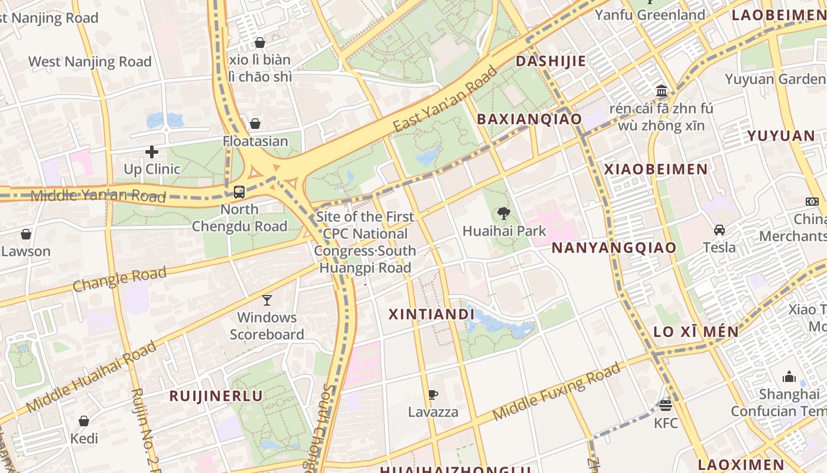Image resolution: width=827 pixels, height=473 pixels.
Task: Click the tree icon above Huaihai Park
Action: tap(504, 213)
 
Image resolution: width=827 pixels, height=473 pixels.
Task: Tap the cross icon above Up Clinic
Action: tap(152, 152)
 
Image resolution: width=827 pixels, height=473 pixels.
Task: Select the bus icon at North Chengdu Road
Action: tap(239, 192)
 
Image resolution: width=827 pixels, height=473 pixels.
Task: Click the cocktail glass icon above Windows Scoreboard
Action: tap(267, 300)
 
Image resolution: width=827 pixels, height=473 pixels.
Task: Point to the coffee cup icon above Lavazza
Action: tap(433, 394)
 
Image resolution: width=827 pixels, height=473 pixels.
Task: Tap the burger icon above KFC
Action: tap(666, 406)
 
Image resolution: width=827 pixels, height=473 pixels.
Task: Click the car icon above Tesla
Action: tap(719, 230)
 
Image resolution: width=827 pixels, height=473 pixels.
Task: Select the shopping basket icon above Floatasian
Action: tap(255, 124)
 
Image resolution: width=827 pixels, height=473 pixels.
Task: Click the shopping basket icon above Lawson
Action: tap(26, 234)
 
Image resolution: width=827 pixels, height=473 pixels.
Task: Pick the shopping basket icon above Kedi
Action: tap(84, 421)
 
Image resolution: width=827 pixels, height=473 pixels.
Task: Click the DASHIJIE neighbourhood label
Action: tap(551, 61)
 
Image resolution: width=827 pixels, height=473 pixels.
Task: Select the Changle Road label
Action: tap(119, 279)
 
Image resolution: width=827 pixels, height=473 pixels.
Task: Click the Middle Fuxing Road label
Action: tap(556, 391)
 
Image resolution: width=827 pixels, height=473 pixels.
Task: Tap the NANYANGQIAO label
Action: tap(614, 248)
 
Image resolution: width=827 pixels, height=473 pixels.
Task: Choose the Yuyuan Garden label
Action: tap(775, 79)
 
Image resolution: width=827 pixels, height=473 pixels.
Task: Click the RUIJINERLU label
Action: tap(216, 396)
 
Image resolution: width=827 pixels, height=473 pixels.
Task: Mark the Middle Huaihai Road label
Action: tap(92, 377)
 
